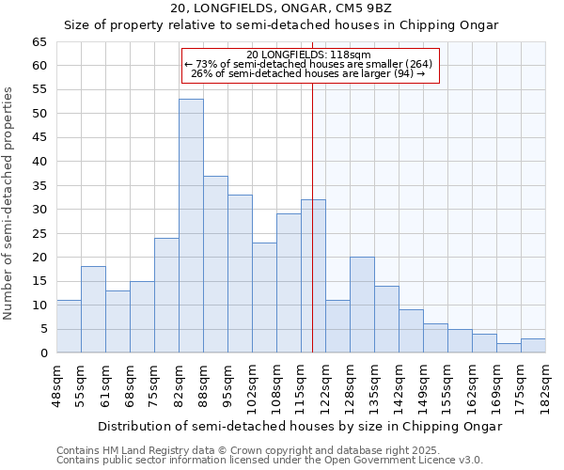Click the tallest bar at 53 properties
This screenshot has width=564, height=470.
191,226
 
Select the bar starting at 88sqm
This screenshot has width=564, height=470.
215,264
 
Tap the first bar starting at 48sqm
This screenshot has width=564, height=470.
69,326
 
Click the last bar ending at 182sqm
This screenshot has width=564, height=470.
533,345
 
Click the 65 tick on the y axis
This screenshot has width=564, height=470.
39,42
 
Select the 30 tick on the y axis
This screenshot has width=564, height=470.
39,210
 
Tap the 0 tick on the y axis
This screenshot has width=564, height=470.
42,353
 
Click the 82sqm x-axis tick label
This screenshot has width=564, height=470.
179,385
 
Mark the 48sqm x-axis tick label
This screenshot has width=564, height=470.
56,385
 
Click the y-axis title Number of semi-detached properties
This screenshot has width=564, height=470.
8,203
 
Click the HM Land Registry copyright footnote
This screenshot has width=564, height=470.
268,450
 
